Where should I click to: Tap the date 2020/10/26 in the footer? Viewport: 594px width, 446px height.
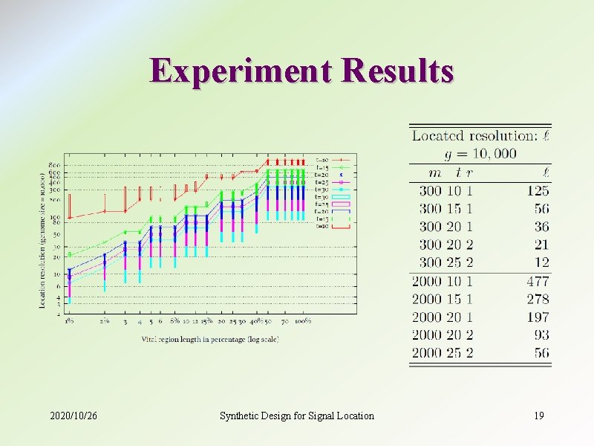[x=74, y=416]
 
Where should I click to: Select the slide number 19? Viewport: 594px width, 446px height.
[x=539, y=416]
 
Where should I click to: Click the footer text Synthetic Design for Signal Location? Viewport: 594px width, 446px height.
[x=297, y=416]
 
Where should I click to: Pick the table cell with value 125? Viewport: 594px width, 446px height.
[x=537, y=191]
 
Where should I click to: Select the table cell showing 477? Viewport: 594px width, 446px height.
[x=537, y=281]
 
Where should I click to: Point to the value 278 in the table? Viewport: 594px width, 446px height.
[x=537, y=299]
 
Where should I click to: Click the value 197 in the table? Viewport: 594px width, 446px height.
[x=537, y=317]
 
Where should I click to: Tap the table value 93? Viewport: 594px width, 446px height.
[x=541, y=334]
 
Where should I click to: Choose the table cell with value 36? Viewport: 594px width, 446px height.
[x=541, y=227]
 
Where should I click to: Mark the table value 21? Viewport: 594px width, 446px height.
[x=541, y=245]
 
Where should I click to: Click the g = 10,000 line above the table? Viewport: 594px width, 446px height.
[x=480, y=154]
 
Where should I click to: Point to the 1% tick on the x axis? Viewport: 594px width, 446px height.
[x=68, y=322]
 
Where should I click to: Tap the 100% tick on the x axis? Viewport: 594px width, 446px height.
[x=302, y=322]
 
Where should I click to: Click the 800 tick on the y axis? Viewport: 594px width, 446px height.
[x=55, y=164]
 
